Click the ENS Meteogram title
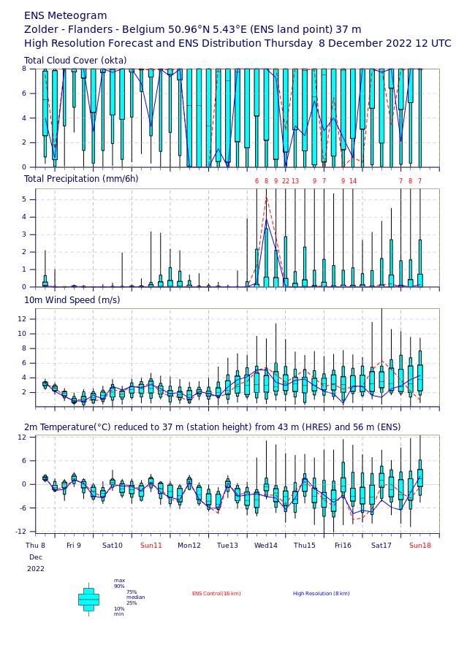tap(65, 16)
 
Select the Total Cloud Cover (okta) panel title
tap(75, 61)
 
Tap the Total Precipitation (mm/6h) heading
tap(81, 179)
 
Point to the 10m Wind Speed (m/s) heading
tap(72, 300)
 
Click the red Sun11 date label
tap(151, 546)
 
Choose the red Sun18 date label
tap(420, 546)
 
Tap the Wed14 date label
tap(266, 546)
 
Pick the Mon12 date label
tap(189, 546)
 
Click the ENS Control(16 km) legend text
tap(216, 594)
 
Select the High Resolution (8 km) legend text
tap(322, 594)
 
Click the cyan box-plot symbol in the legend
tap(88, 600)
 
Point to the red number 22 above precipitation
tap(286, 181)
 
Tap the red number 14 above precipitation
tap(353, 181)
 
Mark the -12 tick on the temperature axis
tap(21, 531)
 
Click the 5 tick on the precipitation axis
tap(24, 199)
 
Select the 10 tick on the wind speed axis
tap(22, 334)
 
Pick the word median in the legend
tap(136, 597)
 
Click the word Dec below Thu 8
tap(36, 557)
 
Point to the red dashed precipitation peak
tap(266, 196)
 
